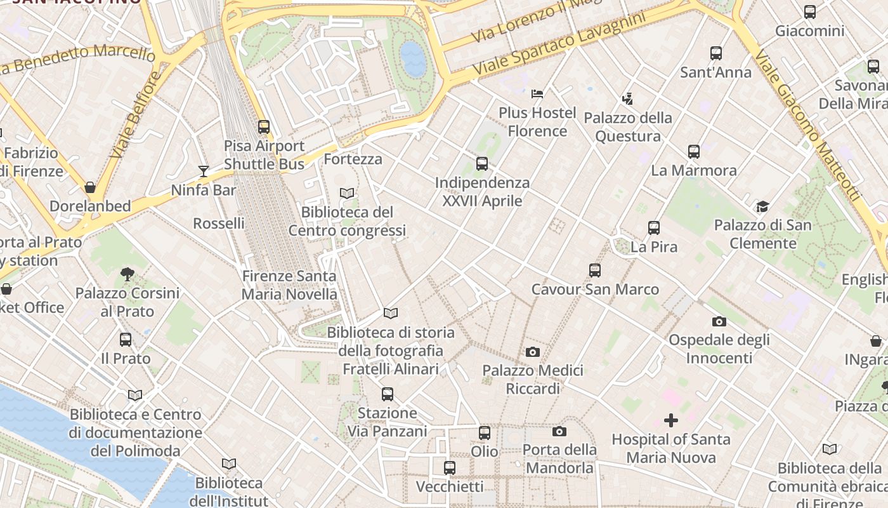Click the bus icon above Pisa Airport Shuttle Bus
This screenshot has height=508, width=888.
[x=264, y=127]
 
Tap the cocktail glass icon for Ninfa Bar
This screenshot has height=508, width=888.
[x=204, y=171]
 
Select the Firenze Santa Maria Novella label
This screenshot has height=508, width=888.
[x=289, y=285]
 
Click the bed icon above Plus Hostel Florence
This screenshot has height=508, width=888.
[x=537, y=94]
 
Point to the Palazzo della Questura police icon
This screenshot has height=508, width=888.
[x=628, y=98]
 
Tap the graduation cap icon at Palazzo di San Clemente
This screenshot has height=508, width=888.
[x=762, y=206]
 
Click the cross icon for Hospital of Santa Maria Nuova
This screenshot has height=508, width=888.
[x=670, y=420]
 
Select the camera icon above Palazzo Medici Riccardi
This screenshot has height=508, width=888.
[x=533, y=352]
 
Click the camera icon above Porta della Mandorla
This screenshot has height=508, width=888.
[x=559, y=432]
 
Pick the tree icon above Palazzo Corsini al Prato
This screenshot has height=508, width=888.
[x=127, y=274]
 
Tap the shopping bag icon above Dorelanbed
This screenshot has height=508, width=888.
[x=90, y=187]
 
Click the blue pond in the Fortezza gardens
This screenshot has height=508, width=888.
[x=414, y=58]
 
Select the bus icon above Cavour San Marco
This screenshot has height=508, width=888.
[x=595, y=271]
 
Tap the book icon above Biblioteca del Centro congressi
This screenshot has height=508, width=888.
[x=347, y=193]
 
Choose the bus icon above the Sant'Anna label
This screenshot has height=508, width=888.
[x=716, y=53]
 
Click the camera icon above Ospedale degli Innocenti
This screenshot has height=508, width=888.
[x=719, y=321]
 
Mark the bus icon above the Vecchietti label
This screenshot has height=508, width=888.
[x=450, y=468]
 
